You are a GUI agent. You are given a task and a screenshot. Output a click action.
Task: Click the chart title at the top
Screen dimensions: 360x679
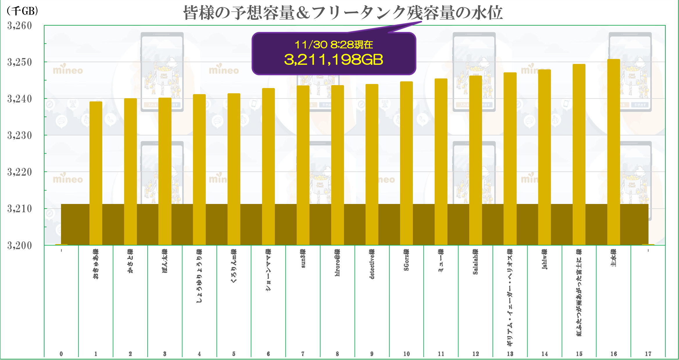point(343,13)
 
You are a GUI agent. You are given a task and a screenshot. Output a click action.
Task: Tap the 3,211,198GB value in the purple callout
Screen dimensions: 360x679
point(334,60)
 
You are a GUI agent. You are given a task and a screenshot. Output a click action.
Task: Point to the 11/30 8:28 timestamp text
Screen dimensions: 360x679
point(334,45)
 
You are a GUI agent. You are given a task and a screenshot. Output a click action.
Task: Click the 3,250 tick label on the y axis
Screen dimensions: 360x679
point(19,62)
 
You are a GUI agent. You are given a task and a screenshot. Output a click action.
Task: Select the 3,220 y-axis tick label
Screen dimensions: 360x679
point(19,172)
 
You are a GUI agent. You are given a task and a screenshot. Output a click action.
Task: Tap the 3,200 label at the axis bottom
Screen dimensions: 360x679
point(19,246)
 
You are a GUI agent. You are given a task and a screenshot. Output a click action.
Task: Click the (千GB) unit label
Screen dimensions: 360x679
point(22,11)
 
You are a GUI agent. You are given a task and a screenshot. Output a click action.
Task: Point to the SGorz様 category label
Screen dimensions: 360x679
point(406,260)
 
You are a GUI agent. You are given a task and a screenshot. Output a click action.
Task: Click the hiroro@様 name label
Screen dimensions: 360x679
point(337,262)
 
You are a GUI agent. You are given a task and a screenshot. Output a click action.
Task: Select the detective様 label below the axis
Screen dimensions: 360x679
point(372,264)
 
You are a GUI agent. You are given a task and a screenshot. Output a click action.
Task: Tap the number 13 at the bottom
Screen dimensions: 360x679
point(510,354)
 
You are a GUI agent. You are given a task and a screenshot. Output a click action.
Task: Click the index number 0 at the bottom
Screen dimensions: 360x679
point(61,354)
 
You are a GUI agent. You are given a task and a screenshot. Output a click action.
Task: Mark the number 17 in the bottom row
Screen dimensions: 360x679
point(648,354)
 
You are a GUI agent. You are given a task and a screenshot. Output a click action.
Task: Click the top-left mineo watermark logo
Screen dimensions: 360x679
point(68,70)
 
